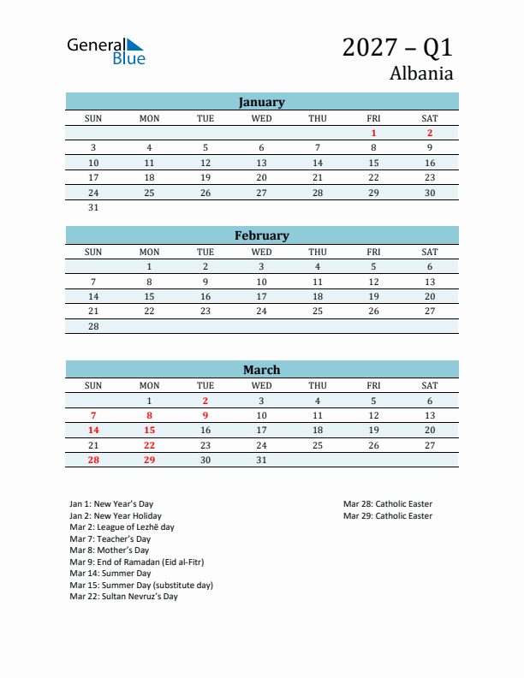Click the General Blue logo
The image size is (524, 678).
point(106,51)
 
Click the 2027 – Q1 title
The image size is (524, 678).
point(397,47)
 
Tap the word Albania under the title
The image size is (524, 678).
point(421,73)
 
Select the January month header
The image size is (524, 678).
point(261,102)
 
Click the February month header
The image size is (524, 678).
point(261,235)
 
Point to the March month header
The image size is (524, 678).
point(261,370)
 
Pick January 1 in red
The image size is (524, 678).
point(373,133)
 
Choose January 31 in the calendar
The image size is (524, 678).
point(93,207)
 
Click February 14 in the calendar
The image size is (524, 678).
point(93,296)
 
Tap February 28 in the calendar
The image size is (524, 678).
point(93,326)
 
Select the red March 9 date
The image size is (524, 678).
point(205,415)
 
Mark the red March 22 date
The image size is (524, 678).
point(149,445)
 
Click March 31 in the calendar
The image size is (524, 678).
point(261,460)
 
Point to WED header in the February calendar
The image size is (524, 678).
point(261,252)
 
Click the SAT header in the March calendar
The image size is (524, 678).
point(430,385)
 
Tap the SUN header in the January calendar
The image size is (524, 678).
point(93,118)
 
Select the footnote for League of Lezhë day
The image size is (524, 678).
point(122,527)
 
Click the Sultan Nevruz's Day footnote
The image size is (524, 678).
point(123,597)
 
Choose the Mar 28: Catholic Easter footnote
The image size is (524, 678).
point(388,504)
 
